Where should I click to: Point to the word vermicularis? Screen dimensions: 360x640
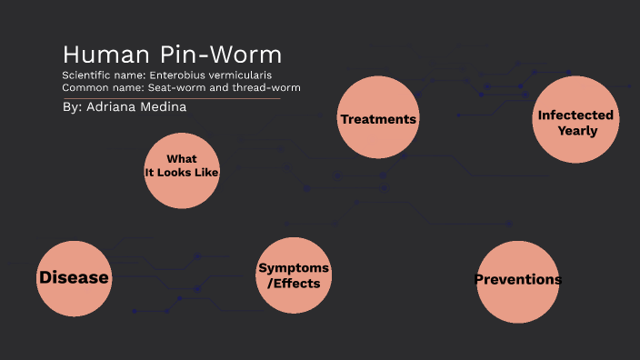[243, 75]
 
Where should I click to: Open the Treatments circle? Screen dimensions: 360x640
[377, 119]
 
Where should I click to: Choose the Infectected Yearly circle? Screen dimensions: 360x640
[576, 121]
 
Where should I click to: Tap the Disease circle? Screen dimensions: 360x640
[74, 277]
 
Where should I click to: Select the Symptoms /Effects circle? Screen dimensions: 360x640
[294, 275]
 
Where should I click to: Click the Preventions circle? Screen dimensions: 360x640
[517, 280]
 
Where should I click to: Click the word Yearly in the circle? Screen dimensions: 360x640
[577, 130]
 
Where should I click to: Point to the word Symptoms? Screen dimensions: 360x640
[294, 268]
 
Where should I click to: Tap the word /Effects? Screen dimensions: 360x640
[294, 283]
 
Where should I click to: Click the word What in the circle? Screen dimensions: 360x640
[182, 159]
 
